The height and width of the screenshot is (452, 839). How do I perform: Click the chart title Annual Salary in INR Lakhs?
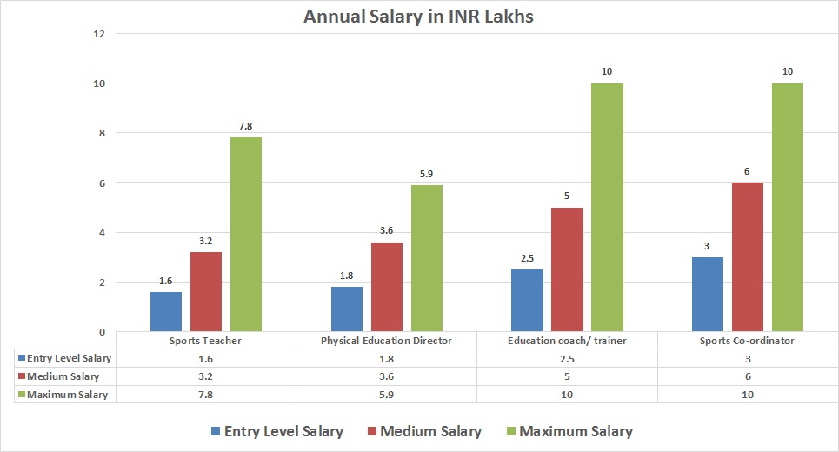click(x=419, y=17)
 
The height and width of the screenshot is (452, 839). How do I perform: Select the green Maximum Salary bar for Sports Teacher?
click(x=246, y=235)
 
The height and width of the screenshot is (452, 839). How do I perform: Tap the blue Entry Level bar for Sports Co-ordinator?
click(x=707, y=295)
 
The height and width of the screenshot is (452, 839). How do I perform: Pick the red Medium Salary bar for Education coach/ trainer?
click(x=567, y=269)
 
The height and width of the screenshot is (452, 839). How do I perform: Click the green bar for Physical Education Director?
click(x=426, y=258)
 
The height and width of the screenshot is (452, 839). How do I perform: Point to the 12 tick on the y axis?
click(x=98, y=34)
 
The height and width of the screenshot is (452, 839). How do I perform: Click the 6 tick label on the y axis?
click(x=101, y=183)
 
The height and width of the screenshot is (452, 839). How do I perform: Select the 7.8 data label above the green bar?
click(x=246, y=127)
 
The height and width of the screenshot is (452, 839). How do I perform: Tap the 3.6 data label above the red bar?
click(x=386, y=231)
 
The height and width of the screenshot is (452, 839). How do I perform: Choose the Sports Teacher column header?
click(x=205, y=341)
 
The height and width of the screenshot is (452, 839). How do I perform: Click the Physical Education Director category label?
click(x=386, y=341)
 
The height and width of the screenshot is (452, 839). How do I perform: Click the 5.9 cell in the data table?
click(x=386, y=395)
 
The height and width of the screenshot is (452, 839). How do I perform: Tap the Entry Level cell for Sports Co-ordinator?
click(x=748, y=358)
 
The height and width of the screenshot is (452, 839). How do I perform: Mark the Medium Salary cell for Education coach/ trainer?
click(x=567, y=376)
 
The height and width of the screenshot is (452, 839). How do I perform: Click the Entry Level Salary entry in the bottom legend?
click(x=283, y=431)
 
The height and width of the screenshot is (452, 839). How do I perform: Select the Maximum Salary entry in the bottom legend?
click(x=576, y=431)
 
